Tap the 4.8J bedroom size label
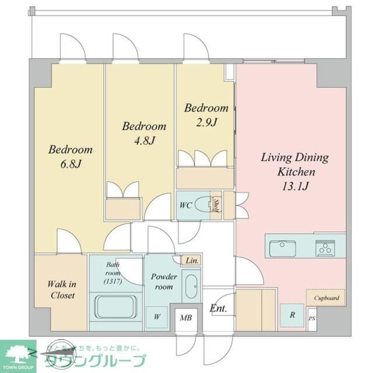pos(144,140)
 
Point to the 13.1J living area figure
pos(295,186)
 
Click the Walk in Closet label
pos(62,290)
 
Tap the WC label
pos(186,206)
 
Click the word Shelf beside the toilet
pos(216,205)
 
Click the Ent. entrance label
pos(219,309)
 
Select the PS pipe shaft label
pos(312,319)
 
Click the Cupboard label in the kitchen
pos(326,298)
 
